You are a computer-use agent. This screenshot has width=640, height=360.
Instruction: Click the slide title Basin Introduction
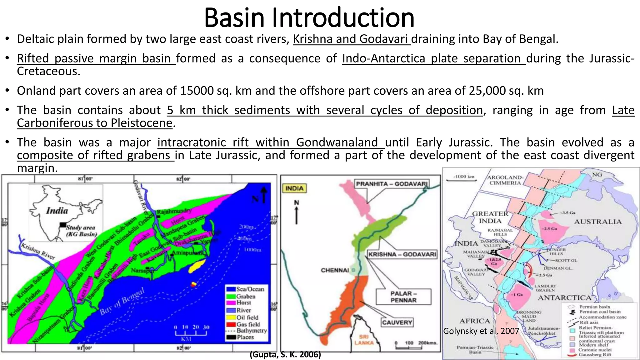[309, 18]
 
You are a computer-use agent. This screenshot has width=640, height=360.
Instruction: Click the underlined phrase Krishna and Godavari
[351, 39]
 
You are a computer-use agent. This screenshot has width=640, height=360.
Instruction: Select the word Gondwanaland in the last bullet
[337, 142]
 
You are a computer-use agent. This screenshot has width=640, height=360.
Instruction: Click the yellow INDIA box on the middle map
[294, 188]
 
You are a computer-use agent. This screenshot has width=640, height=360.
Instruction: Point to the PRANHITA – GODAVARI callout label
[392, 184]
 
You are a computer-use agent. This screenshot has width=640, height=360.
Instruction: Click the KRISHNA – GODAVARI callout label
[402, 254]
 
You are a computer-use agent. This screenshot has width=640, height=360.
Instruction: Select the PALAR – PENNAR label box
[403, 297]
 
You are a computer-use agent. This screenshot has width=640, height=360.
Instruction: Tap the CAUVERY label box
[397, 322]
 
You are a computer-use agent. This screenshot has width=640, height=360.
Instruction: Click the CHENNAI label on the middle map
[335, 270]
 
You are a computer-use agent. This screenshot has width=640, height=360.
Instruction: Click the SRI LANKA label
[364, 340]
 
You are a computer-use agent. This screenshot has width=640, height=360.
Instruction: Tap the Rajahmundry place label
[174, 212]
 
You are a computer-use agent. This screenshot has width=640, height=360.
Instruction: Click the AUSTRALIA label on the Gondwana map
[597, 222]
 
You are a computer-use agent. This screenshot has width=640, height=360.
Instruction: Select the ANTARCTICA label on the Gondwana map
[564, 298]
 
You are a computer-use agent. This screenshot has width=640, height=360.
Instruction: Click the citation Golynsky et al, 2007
[481, 331]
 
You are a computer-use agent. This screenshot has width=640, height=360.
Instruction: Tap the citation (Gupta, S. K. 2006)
[285, 355]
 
